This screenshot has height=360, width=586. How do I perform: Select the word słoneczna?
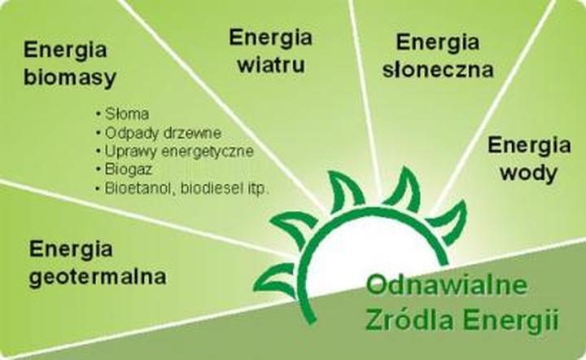pos(438,69)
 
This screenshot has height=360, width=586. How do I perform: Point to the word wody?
pos(528,173)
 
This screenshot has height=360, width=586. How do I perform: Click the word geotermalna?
pos(97,276)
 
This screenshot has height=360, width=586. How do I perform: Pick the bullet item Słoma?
pos(120,113)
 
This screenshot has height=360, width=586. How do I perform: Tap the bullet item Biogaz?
pos(128,169)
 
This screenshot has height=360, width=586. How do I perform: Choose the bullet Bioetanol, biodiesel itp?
pos(186,188)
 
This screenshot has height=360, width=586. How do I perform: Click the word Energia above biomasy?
pos(66,49)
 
